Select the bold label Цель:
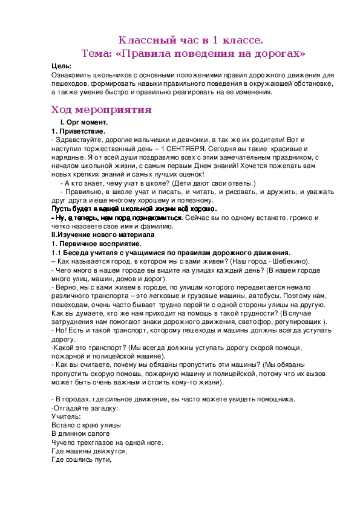[x=61, y=66]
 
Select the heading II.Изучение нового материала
[x=103, y=234]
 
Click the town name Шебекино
[x=289, y=261]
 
